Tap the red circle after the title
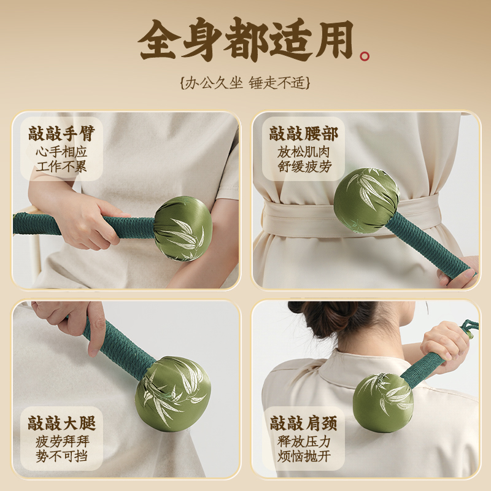click(x=365, y=56)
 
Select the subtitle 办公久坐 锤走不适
click(x=245, y=83)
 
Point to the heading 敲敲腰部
click(x=303, y=134)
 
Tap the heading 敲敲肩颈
click(x=303, y=423)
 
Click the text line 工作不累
click(x=61, y=166)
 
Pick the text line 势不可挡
click(x=61, y=457)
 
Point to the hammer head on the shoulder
click(x=382, y=402)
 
